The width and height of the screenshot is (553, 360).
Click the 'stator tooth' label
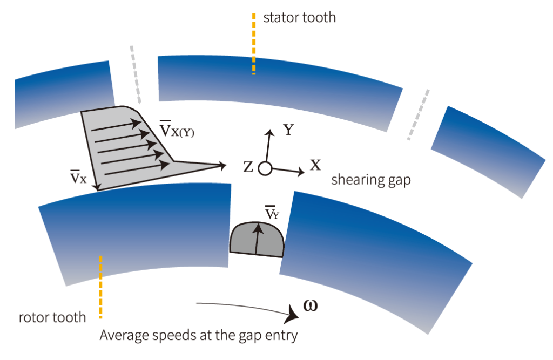(x=299, y=17)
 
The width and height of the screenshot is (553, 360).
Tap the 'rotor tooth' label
(x=52, y=317)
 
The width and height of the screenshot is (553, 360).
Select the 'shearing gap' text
(x=370, y=180)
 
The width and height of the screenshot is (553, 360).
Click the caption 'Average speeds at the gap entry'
(x=198, y=335)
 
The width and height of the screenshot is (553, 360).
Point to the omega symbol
(x=310, y=305)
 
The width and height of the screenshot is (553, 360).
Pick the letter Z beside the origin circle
(x=248, y=167)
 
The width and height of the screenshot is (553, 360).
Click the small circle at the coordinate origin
(x=264, y=168)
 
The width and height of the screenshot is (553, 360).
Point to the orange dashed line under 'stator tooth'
(x=253, y=44)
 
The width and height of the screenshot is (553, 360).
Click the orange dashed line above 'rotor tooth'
(x=100, y=286)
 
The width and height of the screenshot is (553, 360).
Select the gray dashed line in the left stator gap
(x=135, y=74)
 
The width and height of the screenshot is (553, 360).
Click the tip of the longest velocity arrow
(x=225, y=166)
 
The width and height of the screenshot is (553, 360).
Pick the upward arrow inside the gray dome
(x=258, y=237)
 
